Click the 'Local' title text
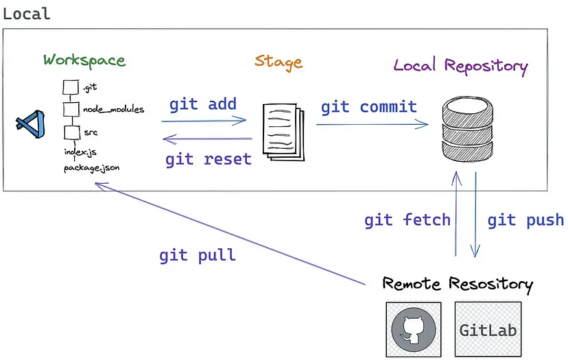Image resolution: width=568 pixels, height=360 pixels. tap(27, 13)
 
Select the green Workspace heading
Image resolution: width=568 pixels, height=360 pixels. tap(84, 60)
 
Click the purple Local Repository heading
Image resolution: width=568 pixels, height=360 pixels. tap(460, 66)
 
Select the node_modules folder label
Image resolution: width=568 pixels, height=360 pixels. tap(113, 109)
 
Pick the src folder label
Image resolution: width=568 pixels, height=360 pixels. tap(91, 131)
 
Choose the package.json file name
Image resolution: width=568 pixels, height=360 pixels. tap(92, 167)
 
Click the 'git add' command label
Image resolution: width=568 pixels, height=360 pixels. tap(203, 104)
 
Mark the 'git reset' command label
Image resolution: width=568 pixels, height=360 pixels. tap(209, 159)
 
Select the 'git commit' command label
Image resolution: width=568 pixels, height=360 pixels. tap(369, 107)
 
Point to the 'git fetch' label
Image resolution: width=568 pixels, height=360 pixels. tap(407, 220)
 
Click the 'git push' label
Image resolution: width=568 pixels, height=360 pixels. tap(525, 220)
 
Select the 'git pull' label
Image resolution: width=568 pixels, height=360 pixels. tap(198, 255)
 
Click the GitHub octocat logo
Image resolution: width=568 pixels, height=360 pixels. tap(415, 329)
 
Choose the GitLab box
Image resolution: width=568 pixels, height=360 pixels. tap(488, 329)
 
